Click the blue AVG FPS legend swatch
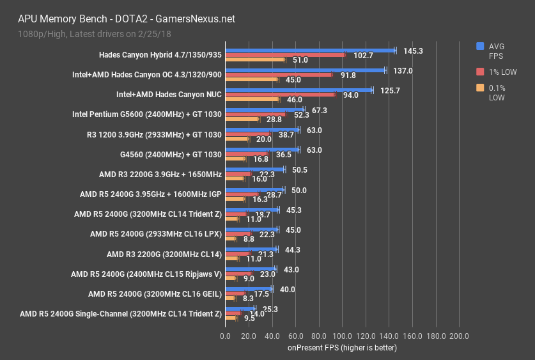pyautogui.click(x=480, y=46)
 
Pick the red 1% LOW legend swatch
pyautogui.click(x=480, y=72)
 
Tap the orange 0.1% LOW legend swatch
pyautogui.click(x=480, y=88)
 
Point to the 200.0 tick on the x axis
pyautogui.click(x=459, y=336)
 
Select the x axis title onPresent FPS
pyautogui.click(x=342, y=348)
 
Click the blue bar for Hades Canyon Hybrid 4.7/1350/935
pyautogui.click(x=309, y=50)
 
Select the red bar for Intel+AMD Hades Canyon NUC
pyautogui.click(x=279, y=95)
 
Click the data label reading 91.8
pyautogui.click(x=348, y=75)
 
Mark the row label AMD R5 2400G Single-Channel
pyautogui.click(x=121, y=314)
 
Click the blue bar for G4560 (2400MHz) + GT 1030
pyautogui.click(x=261, y=150)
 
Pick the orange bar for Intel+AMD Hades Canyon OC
pyautogui.click(x=251, y=79)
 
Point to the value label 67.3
pyautogui.click(x=319, y=110)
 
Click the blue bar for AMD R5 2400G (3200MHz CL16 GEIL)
pyautogui.click(x=248, y=289)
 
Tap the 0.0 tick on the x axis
pyautogui.click(x=225, y=336)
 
